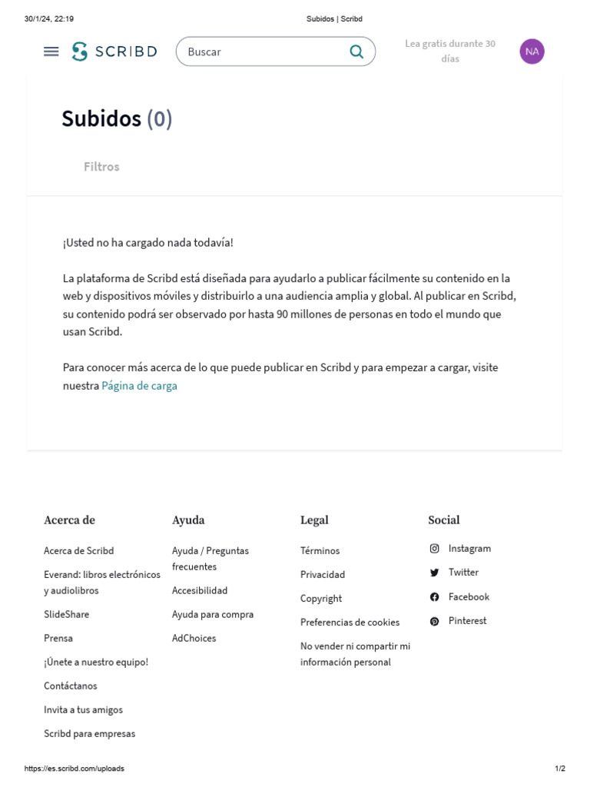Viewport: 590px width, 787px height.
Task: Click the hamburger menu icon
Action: (51, 51)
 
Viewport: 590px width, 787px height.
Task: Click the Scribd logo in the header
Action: (114, 51)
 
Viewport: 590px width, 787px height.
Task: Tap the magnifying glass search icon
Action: (356, 51)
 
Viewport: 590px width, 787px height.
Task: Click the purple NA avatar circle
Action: (532, 51)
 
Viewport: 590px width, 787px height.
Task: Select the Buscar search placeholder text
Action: (204, 51)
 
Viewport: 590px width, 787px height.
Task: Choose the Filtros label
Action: (101, 167)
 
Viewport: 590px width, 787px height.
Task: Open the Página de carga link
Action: (139, 386)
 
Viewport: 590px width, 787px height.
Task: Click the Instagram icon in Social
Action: (434, 549)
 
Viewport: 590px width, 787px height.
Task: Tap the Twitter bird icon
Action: (434, 573)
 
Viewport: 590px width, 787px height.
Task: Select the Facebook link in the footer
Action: (469, 596)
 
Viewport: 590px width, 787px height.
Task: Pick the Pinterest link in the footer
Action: (467, 620)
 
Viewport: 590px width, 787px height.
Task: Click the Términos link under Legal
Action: (320, 551)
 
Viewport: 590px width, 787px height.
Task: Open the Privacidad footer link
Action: (323, 575)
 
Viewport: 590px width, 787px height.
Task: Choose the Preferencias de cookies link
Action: (350, 623)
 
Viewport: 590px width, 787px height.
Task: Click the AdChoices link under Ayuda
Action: (194, 639)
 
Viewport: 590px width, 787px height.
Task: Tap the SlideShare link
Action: (66, 615)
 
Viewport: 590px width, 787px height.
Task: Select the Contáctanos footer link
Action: (71, 686)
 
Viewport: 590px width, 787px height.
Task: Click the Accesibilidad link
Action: (200, 591)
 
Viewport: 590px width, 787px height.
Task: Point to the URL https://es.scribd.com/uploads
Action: (75, 769)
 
